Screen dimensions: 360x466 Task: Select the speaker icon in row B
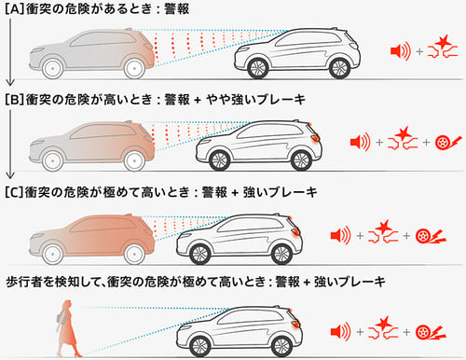360,143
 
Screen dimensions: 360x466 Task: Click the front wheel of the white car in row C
197,252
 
